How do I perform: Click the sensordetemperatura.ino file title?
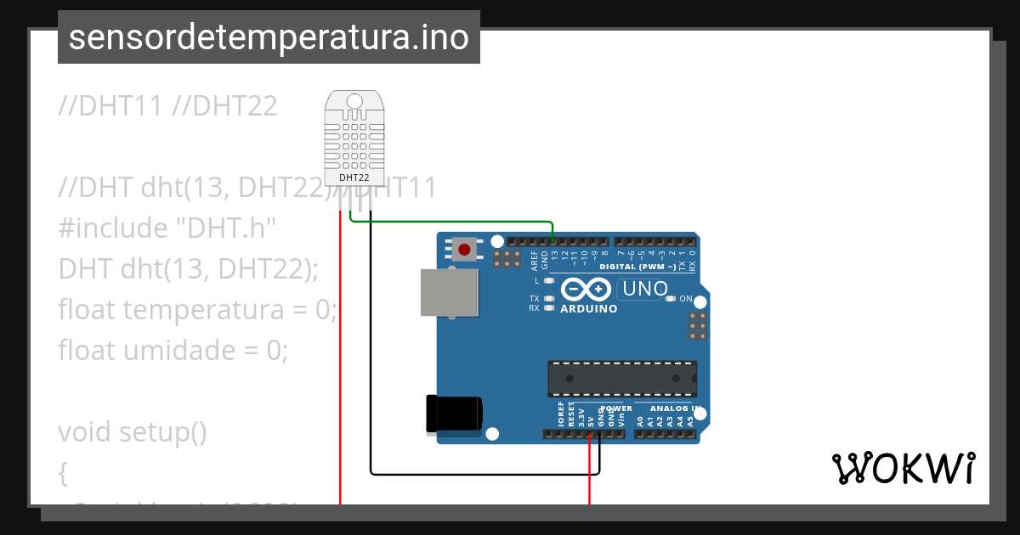(269, 37)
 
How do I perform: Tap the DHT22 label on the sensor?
(354, 177)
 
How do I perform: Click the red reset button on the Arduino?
(464, 250)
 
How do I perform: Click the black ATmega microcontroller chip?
(621, 379)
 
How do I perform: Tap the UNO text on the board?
(645, 289)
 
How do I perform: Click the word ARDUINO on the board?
(588, 309)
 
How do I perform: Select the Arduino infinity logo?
(586, 289)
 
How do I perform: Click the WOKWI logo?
(902, 468)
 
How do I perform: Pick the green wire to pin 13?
(450, 222)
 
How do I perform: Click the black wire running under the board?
(484, 473)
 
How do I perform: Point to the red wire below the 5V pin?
(589, 476)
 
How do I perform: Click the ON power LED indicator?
(671, 299)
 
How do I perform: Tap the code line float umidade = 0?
(173, 350)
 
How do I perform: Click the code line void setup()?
(133, 432)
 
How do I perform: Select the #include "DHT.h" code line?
(167, 228)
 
